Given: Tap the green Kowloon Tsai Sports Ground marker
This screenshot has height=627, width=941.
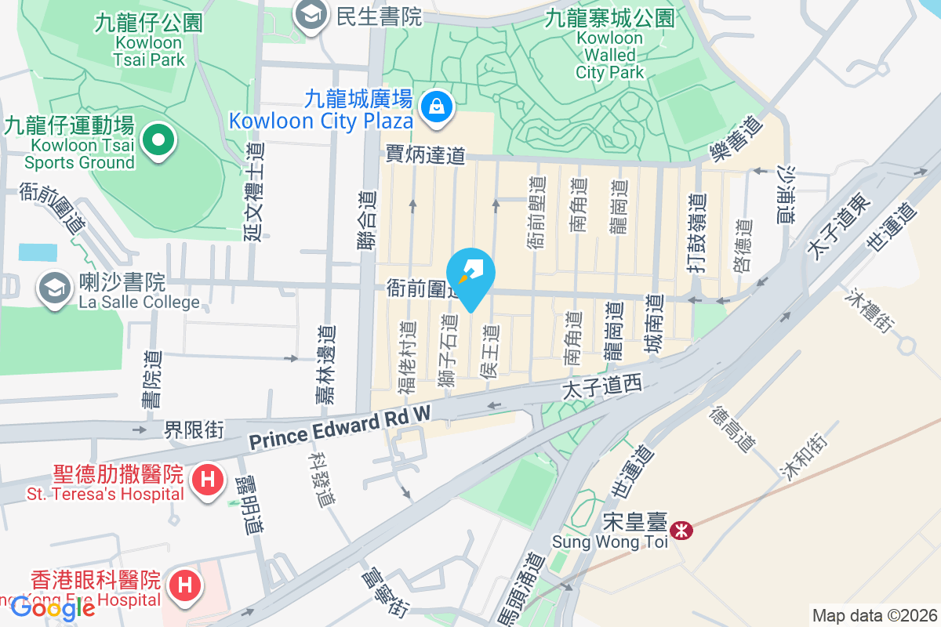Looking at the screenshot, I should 158,140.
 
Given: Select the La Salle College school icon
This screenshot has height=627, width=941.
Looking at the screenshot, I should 55,289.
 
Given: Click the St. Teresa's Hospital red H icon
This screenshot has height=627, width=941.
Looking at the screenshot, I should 208,477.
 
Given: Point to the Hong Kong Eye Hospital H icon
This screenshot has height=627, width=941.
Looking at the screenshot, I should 185,585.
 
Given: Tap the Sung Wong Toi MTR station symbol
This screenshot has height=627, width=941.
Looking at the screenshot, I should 681,531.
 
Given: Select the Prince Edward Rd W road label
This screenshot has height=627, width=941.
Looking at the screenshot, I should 340,429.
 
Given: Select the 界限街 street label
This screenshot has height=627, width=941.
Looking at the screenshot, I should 194,429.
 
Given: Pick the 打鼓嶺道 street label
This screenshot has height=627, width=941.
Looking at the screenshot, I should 693,233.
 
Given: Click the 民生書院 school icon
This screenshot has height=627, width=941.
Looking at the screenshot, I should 311,15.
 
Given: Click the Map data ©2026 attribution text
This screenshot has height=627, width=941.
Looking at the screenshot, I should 874,615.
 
